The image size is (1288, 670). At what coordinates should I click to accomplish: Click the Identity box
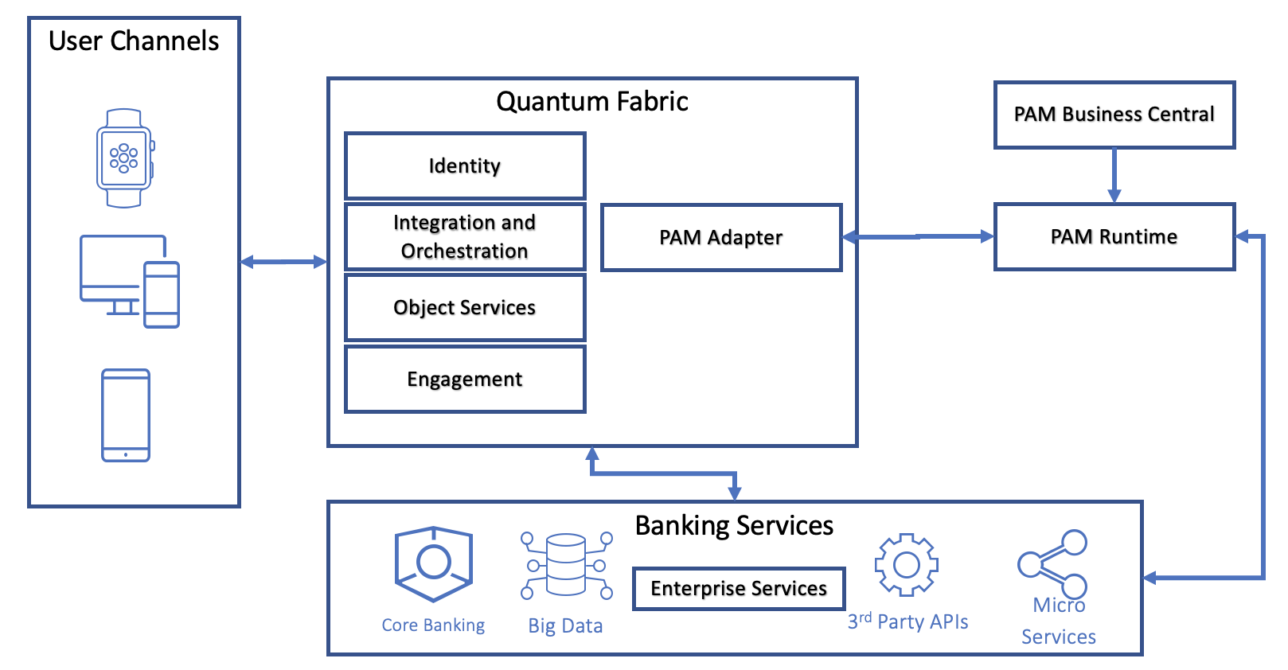coord(465,166)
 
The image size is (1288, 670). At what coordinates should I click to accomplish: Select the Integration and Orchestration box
coord(465,236)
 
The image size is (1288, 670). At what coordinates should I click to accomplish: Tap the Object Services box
coord(465,307)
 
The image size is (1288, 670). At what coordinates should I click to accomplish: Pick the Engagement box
coord(465,379)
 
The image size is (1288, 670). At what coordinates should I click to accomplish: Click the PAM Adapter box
coord(720,237)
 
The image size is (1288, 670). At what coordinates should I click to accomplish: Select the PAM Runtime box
coord(1114,236)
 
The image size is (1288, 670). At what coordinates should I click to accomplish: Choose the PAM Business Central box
coord(1114,115)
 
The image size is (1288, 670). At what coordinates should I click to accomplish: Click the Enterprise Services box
coord(738,588)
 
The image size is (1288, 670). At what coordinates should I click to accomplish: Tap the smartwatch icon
coord(125,158)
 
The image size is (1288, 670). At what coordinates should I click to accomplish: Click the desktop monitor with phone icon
coord(129,280)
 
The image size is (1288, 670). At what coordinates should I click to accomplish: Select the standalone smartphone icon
coord(126,415)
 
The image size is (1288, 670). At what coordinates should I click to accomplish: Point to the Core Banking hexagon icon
coord(434,563)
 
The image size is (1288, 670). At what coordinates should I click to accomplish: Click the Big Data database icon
coord(566,565)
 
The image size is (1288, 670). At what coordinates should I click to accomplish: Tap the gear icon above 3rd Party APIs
coord(906,565)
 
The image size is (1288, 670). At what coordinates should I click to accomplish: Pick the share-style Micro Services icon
coord(1052,563)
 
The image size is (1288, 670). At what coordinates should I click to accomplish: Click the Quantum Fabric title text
coord(591,102)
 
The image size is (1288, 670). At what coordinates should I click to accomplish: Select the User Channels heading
coord(134,41)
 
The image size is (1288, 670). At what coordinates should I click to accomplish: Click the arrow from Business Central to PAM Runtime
coord(1114,175)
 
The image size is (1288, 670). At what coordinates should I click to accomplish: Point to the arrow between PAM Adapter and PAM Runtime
coord(918,236)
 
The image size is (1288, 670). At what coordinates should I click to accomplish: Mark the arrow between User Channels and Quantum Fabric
coord(283,261)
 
